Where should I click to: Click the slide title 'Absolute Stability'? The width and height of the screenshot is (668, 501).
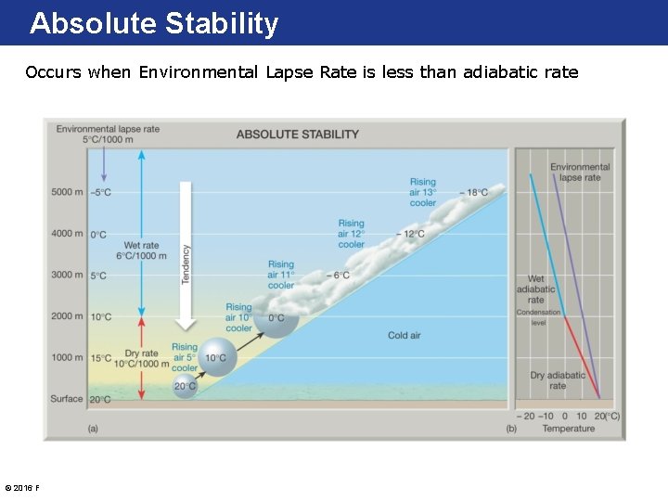154,23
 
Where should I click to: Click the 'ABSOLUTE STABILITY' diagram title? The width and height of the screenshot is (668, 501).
297,135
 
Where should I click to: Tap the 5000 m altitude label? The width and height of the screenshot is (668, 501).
67,193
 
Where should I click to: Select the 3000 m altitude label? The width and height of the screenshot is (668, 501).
67,275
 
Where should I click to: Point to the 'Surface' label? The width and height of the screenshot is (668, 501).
67,399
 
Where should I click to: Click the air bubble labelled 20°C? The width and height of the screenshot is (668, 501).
186,386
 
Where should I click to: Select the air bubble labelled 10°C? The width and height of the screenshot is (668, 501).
216,358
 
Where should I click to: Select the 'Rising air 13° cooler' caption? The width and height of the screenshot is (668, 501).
422,192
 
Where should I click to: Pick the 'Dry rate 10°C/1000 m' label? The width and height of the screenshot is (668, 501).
135,359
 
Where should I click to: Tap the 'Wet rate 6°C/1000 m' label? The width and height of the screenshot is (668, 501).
136,250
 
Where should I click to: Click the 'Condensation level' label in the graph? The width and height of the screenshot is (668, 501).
538,317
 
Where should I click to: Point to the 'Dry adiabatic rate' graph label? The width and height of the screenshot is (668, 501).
557,380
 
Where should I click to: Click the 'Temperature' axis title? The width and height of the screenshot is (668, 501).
568,429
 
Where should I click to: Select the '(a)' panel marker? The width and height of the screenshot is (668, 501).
93,429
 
